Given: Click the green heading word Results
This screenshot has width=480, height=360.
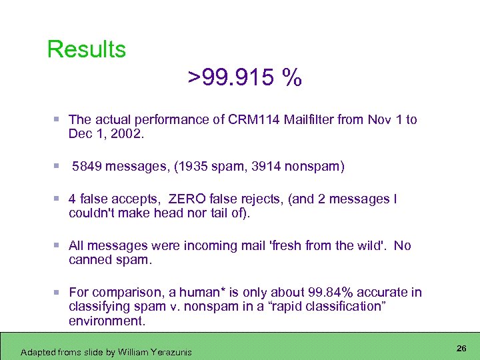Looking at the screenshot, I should tap(87, 49).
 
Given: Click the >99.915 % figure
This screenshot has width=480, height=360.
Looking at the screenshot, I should tap(245, 79).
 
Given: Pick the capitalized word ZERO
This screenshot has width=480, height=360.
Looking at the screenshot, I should tap(189, 199).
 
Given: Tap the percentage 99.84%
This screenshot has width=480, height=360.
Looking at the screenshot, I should tap(333, 293).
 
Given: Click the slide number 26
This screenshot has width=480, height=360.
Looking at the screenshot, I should tap(461, 349).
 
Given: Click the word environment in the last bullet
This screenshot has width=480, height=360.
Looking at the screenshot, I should tap(105, 321).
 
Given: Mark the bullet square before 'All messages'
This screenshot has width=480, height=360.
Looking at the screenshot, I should tap(59, 245).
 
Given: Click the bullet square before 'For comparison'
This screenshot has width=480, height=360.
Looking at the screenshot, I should tap(59, 292).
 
